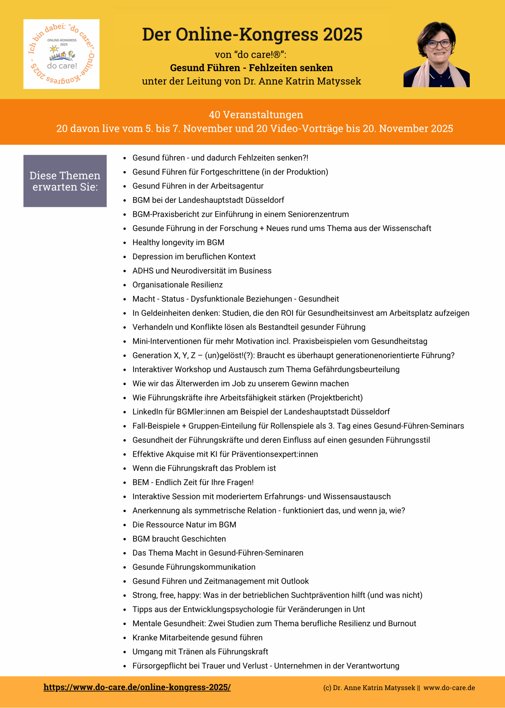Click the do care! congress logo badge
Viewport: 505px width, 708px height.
coord(61,54)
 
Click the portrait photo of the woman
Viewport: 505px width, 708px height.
coord(436,55)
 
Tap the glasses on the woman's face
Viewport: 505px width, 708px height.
coord(439,44)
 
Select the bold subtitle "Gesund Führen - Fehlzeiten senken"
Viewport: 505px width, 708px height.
coord(251,68)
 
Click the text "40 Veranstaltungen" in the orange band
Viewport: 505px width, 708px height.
coord(256,115)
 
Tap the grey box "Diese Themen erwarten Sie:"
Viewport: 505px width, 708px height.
coord(65,181)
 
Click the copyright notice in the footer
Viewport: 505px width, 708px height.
coord(399,688)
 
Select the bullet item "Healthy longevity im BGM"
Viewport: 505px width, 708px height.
coord(178,243)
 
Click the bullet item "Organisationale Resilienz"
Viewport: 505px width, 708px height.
coord(178,285)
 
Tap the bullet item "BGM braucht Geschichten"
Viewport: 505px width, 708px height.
coord(179,539)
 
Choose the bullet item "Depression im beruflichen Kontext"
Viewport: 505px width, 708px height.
coord(194,257)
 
